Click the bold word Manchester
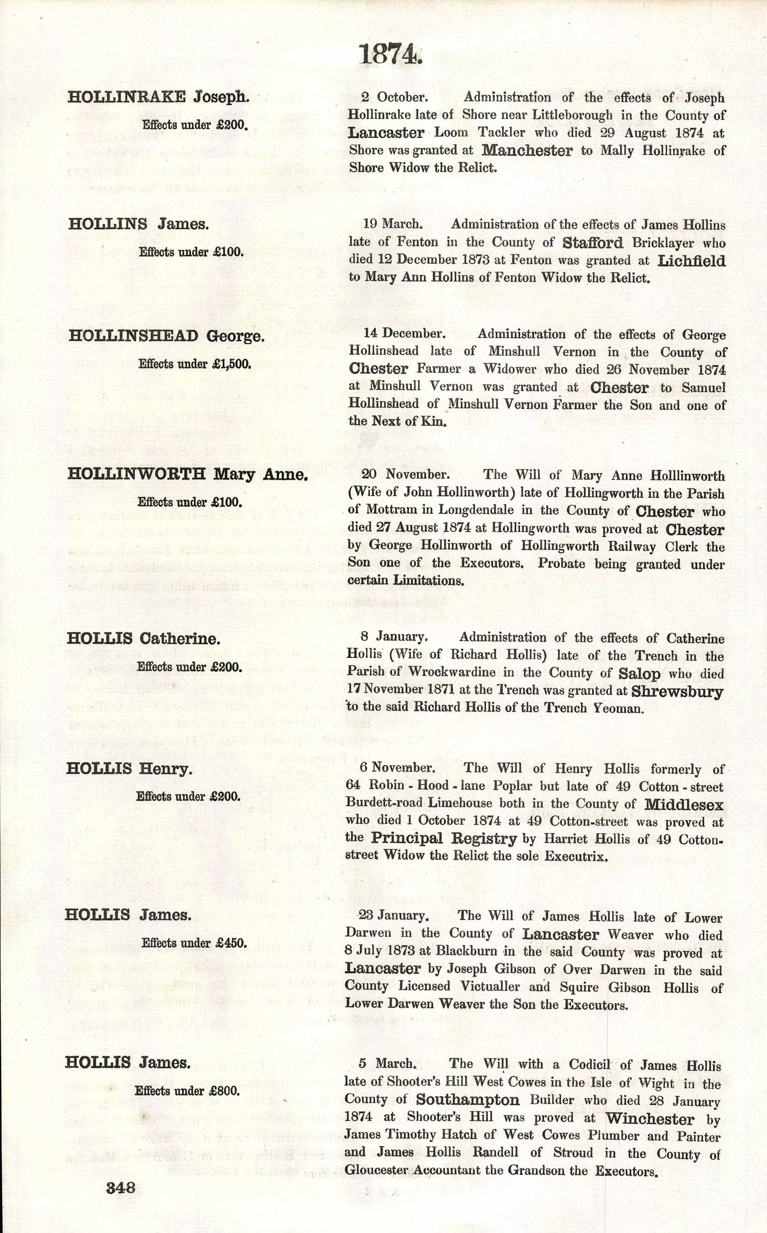point(527,150)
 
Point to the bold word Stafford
point(592,243)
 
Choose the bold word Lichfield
point(691,261)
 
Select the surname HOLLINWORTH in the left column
point(137,474)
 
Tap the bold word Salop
point(639,674)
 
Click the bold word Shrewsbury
point(677,691)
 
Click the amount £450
point(230,943)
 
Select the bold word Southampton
point(468,1100)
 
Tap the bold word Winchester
point(650,1118)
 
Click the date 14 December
point(404,334)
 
